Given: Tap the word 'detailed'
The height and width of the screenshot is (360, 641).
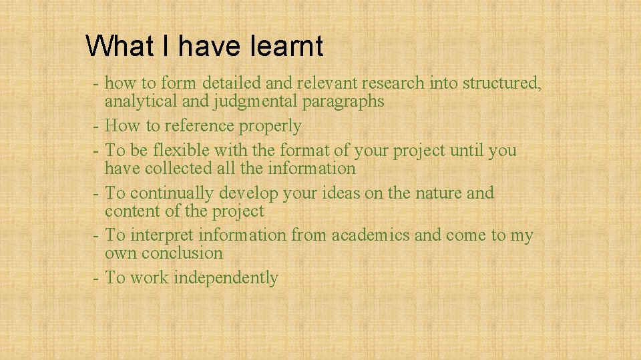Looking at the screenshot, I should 231,83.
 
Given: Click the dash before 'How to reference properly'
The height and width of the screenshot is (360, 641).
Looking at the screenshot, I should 97,126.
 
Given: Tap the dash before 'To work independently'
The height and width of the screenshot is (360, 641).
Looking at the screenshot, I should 97,278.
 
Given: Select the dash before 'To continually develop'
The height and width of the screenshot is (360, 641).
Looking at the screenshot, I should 97,193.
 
